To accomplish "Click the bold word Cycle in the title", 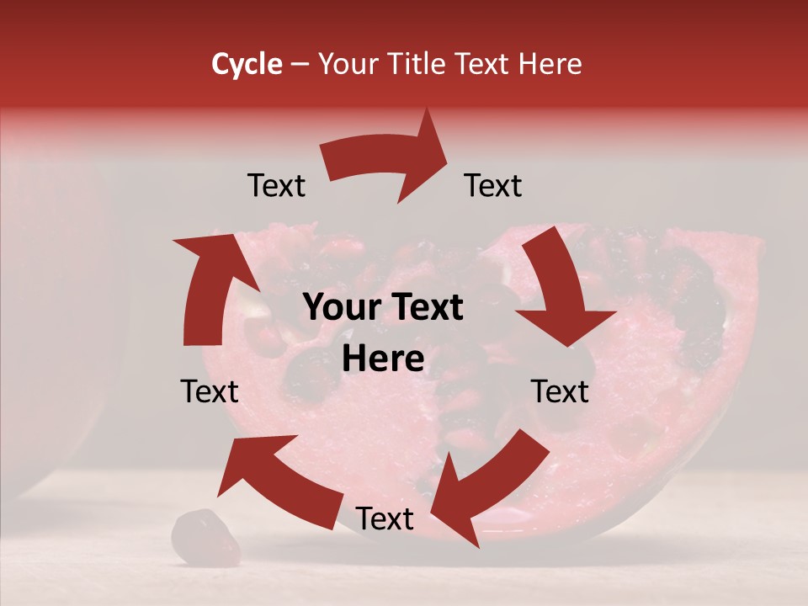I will (247, 64).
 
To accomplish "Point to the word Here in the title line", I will (549, 64).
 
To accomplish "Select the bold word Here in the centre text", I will (383, 359).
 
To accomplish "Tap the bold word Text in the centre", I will (427, 308).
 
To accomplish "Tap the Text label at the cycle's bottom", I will (385, 519).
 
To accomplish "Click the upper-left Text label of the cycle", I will (276, 186).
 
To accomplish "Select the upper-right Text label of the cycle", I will (493, 186).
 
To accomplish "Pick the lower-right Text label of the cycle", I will (560, 391).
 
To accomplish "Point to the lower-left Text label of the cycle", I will (210, 391).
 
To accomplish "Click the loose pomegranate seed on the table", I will (205, 539).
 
